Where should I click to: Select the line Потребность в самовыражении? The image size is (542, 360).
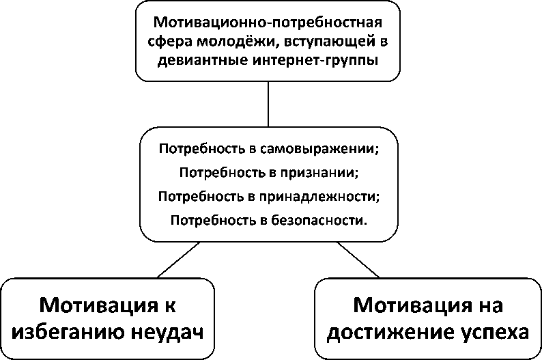(268, 148)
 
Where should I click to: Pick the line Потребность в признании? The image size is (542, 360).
(268, 172)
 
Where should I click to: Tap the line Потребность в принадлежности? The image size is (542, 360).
(268, 197)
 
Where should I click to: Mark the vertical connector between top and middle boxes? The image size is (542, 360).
(268, 103)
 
